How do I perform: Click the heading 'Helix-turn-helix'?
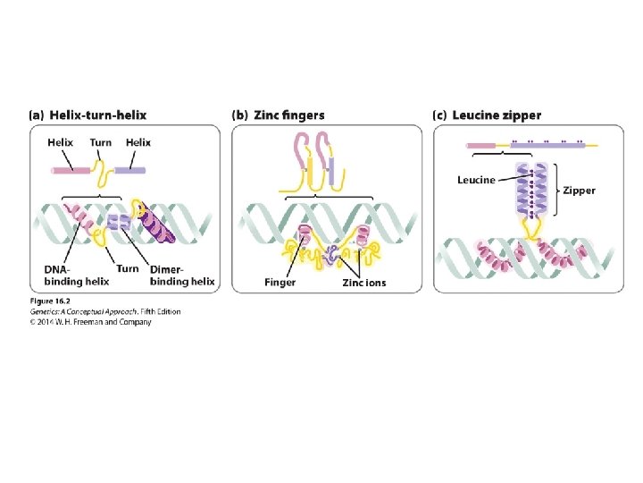(x=98, y=115)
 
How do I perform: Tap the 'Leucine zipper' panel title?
(x=497, y=115)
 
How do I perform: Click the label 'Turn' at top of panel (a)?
(x=101, y=142)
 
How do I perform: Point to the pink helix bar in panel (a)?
(x=74, y=169)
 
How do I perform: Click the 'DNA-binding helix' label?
(x=76, y=275)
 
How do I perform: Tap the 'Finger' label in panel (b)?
(x=280, y=283)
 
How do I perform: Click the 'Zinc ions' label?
(x=363, y=283)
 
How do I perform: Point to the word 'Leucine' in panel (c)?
(x=476, y=180)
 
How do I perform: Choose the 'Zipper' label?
(x=579, y=190)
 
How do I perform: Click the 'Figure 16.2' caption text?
(x=50, y=301)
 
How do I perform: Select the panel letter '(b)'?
(x=240, y=115)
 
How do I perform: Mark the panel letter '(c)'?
(x=439, y=115)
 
